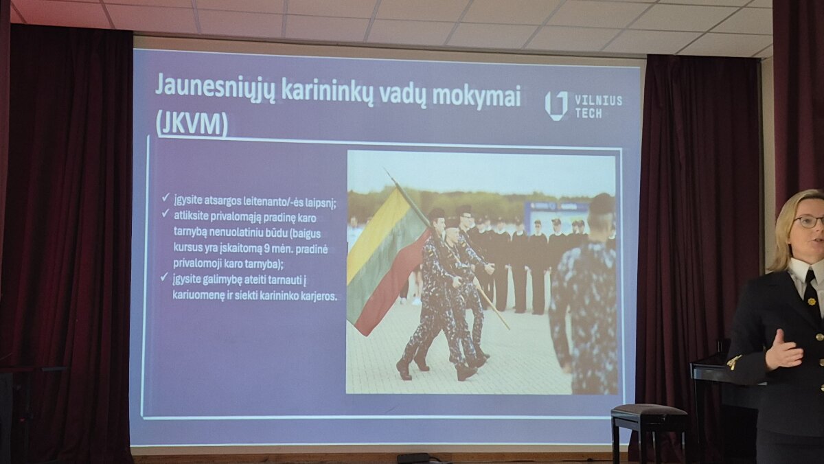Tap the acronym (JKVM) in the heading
pyautogui.click(x=192, y=124)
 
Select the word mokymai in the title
pyautogui.click(x=477, y=95)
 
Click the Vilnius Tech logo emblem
pyautogui.click(x=556, y=105)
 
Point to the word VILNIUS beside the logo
pyautogui.click(x=599, y=100)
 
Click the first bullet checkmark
pyautogui.click(x=165, y=198)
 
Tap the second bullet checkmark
pyautogui.click(x=165, y=213)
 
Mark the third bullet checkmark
pyautogui.click(x=164, y=277)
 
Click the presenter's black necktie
pyautogui.click(x=811, y=290)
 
